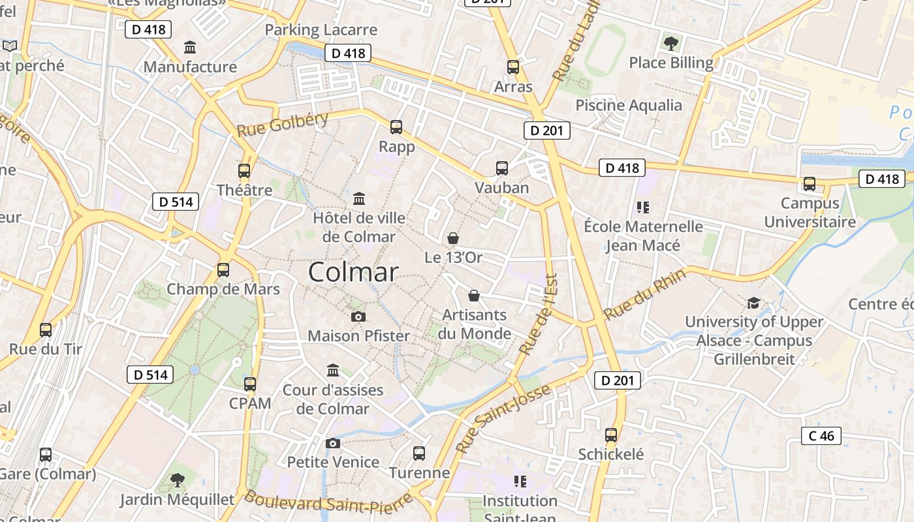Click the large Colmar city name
point(353,272)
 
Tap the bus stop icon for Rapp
point(396,127)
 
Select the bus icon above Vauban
point(501,168)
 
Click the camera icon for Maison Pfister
point(358,317)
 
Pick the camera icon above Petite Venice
point(332,444)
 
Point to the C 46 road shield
point(821,436)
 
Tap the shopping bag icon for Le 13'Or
point(453,239)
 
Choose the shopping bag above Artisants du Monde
point(474,296)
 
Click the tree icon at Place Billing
point(670,44)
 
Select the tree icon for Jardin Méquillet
point(177,481)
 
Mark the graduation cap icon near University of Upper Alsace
point(753,303)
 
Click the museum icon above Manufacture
point(190,48)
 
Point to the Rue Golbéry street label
point(282,124)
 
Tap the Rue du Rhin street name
point(644,294)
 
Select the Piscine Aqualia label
point(628,105)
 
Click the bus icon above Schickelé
point(611,435)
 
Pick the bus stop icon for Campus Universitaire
point(810,184)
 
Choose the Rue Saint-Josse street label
point(503,419)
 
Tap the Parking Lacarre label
point(321,30)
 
